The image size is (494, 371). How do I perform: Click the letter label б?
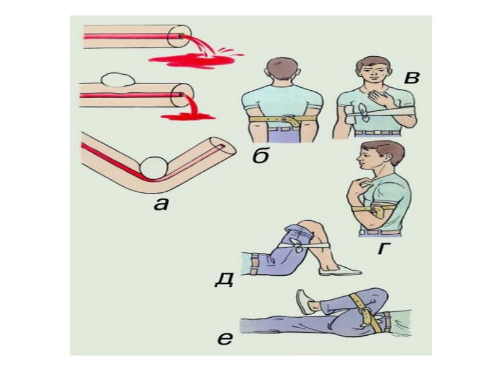click(261, 156)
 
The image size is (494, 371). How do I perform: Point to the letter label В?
click(412, 77)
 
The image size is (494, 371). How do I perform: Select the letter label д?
click(224, 279)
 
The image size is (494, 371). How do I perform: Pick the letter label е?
click(225, 339)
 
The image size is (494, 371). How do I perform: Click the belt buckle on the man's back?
click(290, 120)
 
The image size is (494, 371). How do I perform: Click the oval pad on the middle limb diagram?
click(117, 80)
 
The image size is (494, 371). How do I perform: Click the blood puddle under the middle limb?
click(188, 117)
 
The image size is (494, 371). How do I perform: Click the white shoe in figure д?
click(340, 270)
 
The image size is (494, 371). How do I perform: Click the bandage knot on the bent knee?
click(297, 245)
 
